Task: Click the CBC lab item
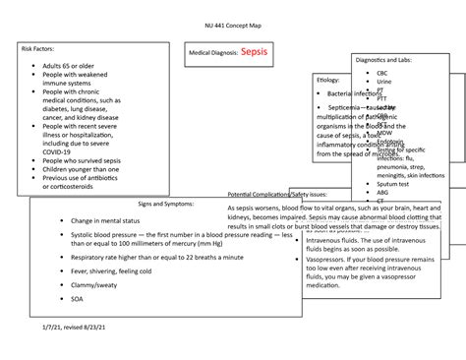[x=381, y=73]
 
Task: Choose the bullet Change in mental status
[x=110, y=222]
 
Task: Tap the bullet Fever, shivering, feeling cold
[x=111, y=270]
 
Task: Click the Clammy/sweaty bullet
[x=96, y=284]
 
